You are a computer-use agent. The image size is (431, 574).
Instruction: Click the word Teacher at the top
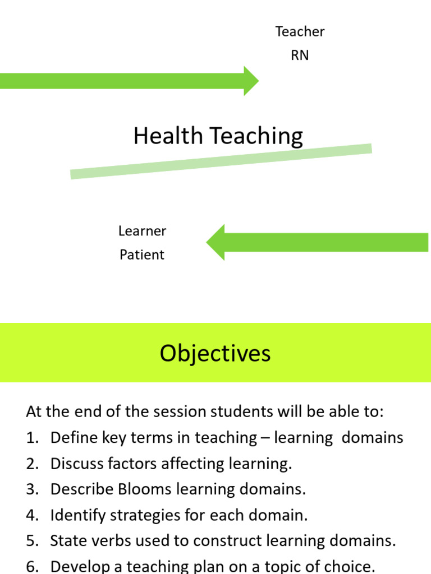(300, 31)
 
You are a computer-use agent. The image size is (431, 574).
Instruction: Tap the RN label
(300, 55)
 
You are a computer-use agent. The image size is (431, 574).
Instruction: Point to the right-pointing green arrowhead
(250, 81)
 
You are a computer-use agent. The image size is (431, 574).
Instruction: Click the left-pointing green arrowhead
(216, 242)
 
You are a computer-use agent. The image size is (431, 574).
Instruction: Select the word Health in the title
(168, 136)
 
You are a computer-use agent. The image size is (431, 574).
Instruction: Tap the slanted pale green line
(221, 161)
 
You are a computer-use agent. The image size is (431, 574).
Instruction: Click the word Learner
(142, 231)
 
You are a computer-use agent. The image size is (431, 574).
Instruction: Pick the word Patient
(142, 254)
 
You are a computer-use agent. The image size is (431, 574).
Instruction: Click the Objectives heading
(215, 353)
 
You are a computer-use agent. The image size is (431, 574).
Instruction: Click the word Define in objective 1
(69, 438)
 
